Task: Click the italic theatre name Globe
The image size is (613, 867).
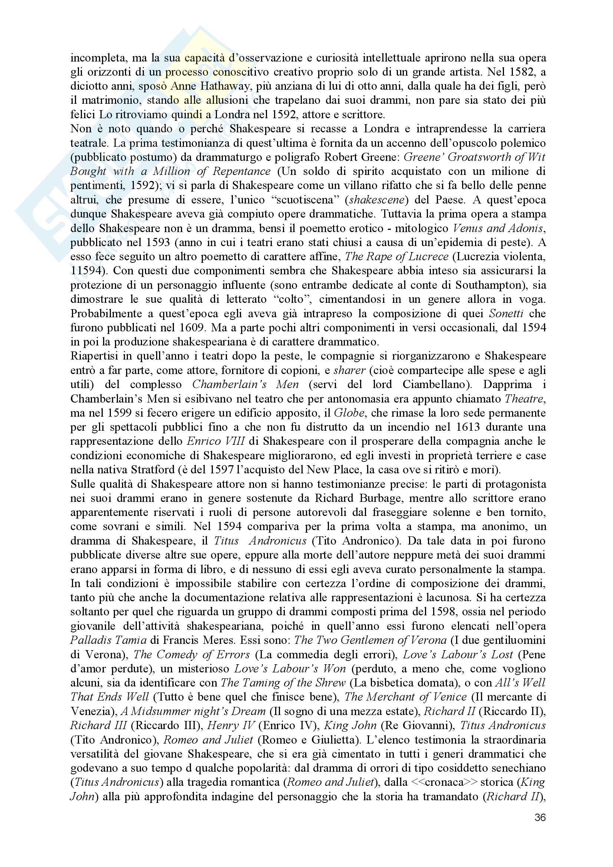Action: [349, 413]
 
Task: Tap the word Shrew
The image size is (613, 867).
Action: [330, 683]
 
